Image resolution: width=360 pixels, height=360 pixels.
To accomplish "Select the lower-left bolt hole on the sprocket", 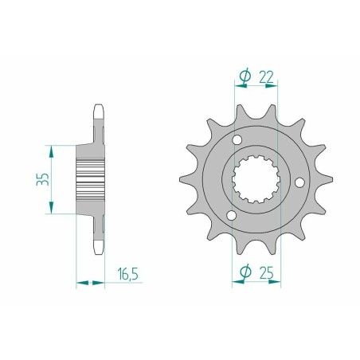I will point(232,215).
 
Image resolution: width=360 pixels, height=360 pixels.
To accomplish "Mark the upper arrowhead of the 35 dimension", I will point(53,149).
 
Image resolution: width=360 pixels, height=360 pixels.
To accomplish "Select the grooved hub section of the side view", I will point(91,179).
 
